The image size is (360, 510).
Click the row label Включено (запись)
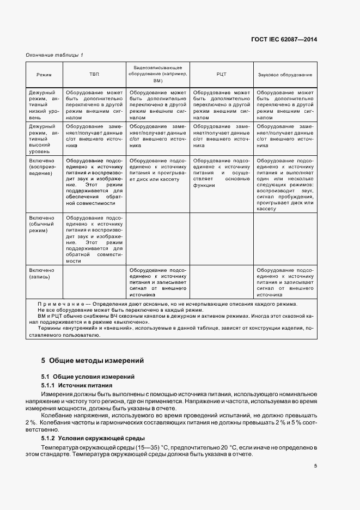pos(42,274)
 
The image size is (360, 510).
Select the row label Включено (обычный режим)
pos(42,224)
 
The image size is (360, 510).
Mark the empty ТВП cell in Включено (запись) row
pos(94,281)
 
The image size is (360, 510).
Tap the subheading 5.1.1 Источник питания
pos(74,385)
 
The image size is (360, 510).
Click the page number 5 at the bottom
pos(315,465)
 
